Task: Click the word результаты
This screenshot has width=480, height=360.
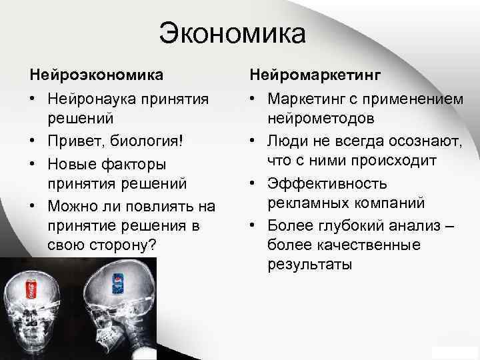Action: (309, 265)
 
